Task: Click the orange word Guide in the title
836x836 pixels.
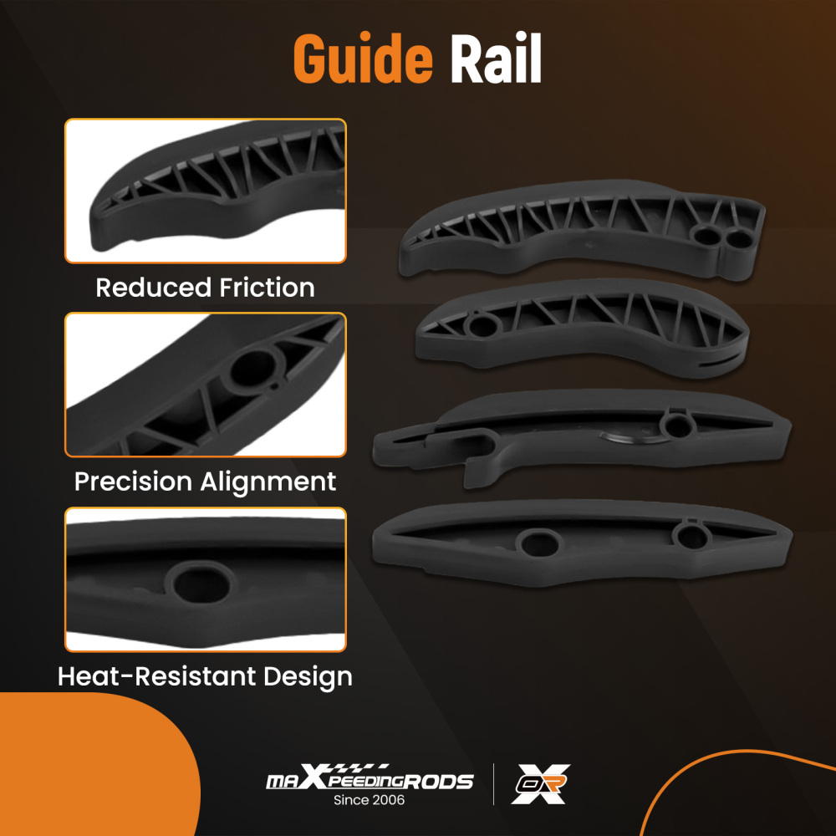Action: click(x=363, y=60)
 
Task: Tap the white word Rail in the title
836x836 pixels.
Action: click(x=496, y=60)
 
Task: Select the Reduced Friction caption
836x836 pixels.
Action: click(x=205, y=288)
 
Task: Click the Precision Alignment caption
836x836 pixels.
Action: click(x=205, y=482)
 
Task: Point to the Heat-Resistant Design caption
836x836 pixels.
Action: click(x=205, y=675)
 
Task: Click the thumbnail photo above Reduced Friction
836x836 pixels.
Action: click(x=205, y=191)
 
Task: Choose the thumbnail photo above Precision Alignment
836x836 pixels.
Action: click(x=205, y=385)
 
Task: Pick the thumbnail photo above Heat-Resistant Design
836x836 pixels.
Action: click(x=205, y=579)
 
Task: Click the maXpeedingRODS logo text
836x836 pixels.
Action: click(x=369, y=781)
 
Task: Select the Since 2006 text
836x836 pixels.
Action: click(x=369, y=800)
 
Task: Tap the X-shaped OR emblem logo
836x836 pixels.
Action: click(x=542, y=784)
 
